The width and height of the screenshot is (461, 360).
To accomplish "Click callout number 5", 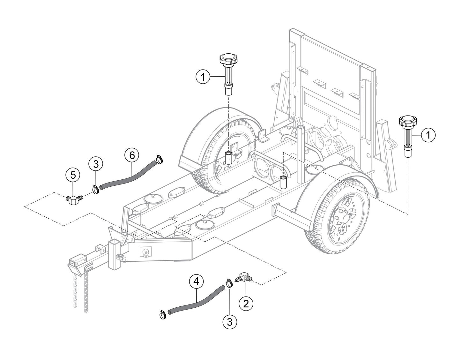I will click(73, 175).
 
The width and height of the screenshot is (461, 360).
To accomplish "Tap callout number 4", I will click(196, 281).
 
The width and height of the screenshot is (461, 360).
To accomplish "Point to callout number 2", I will click(246, 303).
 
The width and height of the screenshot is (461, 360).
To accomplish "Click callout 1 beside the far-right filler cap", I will click(428, 135).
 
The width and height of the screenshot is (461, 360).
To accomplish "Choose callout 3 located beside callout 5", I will click(96, 164).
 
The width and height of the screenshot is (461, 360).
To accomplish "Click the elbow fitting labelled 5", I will click(74, 200).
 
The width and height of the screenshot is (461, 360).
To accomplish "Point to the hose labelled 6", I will click(128, 174).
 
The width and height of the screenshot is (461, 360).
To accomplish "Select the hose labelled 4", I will click(196, 301).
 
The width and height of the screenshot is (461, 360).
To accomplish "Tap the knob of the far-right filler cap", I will click(407, 122).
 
